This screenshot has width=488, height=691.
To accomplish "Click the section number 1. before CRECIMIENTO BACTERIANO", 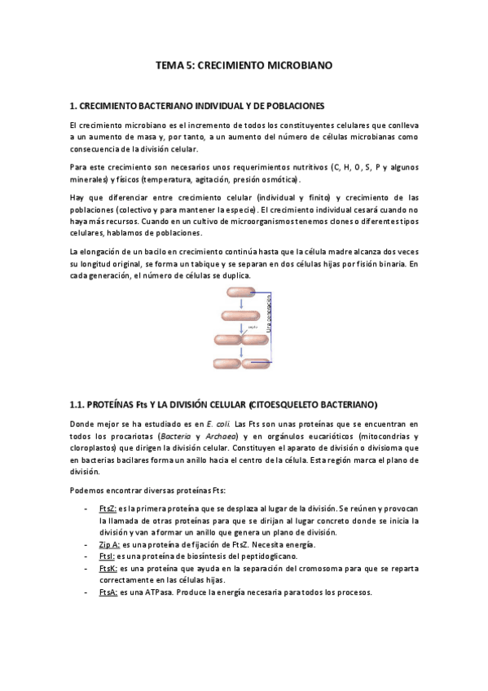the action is [x=73, y=106].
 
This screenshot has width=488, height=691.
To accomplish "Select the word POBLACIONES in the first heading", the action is [x=295, y=106].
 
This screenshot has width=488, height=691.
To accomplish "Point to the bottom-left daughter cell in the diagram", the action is [x=229, y=363].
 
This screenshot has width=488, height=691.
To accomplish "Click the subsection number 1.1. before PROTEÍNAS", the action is [x=77, y=405].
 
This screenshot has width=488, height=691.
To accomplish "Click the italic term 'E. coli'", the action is [x=216, y=424].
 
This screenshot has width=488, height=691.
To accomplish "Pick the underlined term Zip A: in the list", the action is [x=108, y=544].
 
